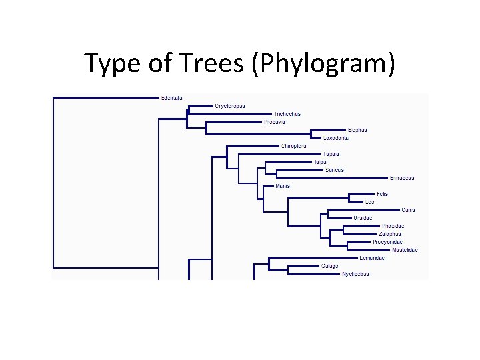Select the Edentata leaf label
click(x=172, y=99)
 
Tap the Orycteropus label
click(x=230, y=106)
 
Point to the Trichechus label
click(x=287, y=114)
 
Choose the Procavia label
click(x=275, y=122)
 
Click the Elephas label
click(x=357, y=130)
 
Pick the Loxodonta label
click(x=336, y=138)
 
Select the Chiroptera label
click(x=293, y=146)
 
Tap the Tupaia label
click(x=331, y=154)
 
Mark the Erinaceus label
click(x=402, y=178)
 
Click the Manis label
click(x=282, y=186)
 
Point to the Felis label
click(x=382, y=194)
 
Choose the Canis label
click(x=409, y=210)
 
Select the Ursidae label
click(x=363, y=218)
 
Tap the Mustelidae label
click(x=405, y=250)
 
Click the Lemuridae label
click(x=371, y=258)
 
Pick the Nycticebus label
click(x=355, y=274)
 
